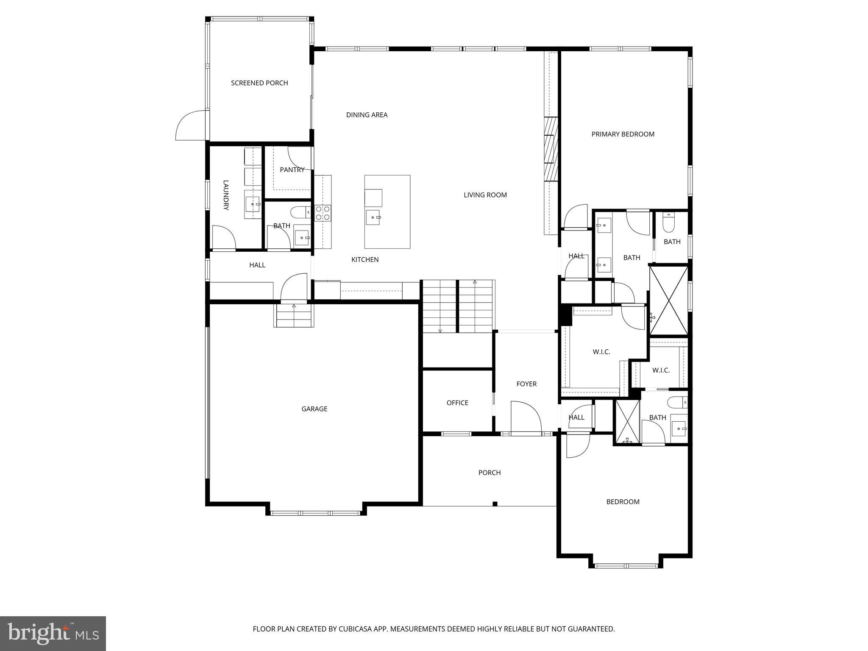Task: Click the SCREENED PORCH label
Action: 259,83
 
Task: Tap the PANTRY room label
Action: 292,170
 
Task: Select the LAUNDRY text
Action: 226,195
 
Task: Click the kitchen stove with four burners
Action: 323,213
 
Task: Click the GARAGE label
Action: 314,409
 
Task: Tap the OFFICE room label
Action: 457,403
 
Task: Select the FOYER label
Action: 526,384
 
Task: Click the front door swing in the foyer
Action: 526,417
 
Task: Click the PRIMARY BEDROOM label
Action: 623,134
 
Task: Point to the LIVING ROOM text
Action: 485,195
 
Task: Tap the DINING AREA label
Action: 367,115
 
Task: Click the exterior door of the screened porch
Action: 191,126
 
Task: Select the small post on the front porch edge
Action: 495,504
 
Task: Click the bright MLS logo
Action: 53,633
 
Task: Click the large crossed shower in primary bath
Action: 668,299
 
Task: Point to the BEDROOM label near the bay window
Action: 623,502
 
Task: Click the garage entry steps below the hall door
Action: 294,316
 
